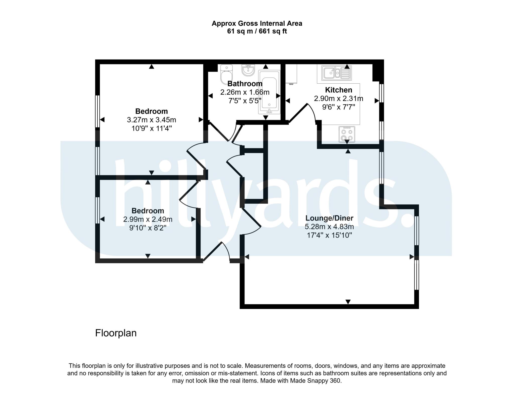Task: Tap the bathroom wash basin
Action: click(x=248, y=70)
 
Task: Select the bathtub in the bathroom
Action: click(x=269, y=92)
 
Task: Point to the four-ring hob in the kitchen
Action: click(x=347, y=134)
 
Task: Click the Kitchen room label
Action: click(x=339, y=90)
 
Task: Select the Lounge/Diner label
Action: click(x=329, y=218)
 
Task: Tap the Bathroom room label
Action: click(x=245, y=84)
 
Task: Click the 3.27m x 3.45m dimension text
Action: click(x=152, y=120)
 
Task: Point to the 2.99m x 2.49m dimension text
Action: click(x=148, y=219)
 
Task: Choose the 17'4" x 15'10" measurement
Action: click(x=329, y=235)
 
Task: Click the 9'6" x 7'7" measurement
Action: click(x=339, y=107)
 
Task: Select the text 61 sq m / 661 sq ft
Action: click(x=257, y=31)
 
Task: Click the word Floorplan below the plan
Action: click(x=116, y=333)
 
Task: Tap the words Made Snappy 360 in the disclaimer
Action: click(x=315, y=381)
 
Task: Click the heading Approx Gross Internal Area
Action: click(x=257, y=23)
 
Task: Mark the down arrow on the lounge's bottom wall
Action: click(x=348, y=302)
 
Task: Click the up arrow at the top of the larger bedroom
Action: click(x=151, y=67)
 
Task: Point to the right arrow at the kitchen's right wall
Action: click(x=377, y=101)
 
